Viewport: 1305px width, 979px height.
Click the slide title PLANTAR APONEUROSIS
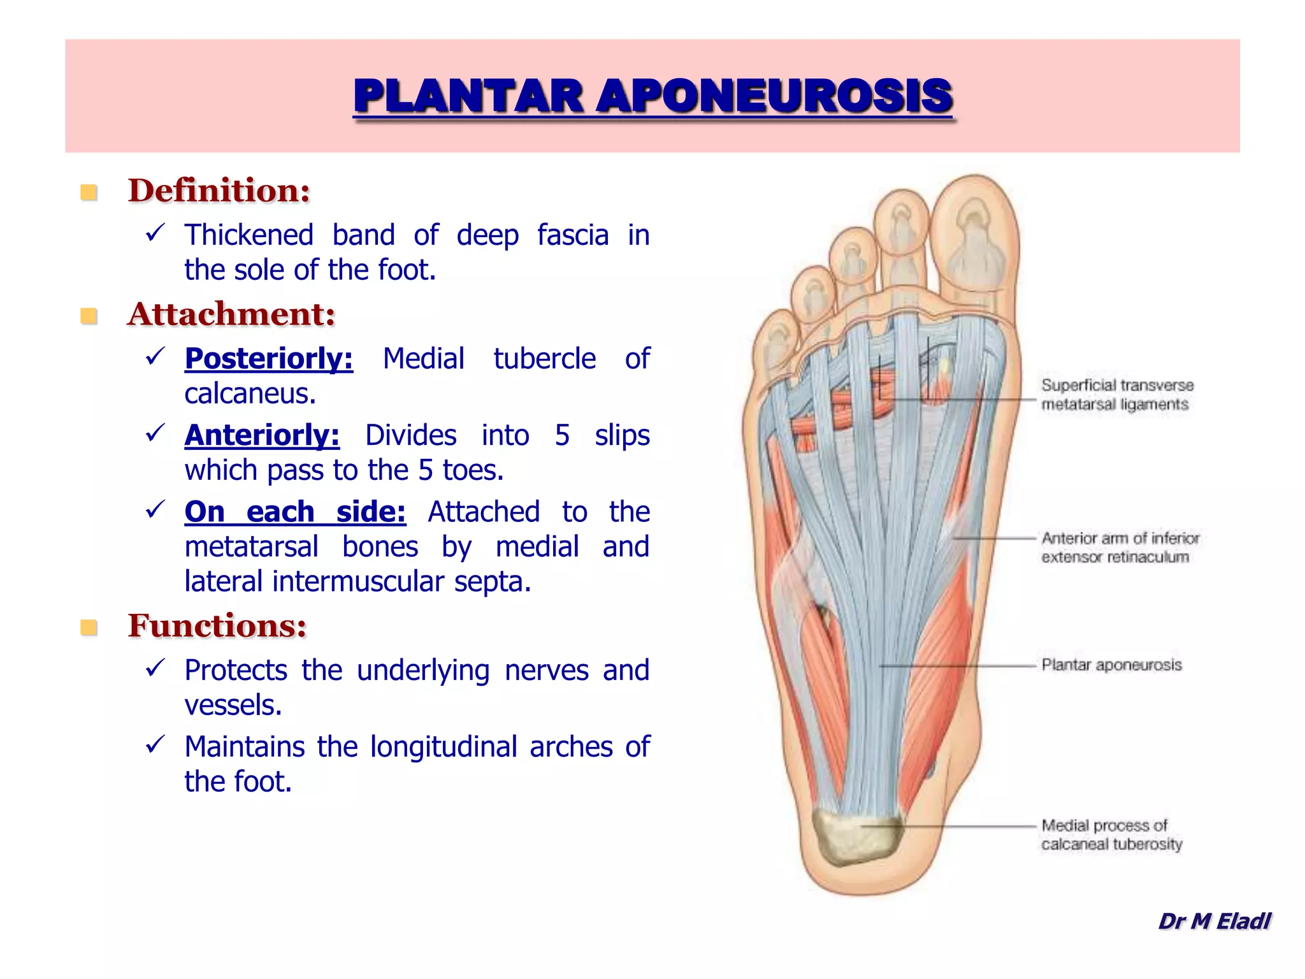point(652,97)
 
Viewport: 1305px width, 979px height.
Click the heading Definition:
point(219,191)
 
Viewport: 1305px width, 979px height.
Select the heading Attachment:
point(231,314)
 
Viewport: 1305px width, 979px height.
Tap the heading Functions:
point(217,626)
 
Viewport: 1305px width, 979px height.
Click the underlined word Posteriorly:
point(268,359)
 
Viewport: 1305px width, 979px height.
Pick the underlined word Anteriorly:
point(262,435)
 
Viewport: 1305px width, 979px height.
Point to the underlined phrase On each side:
point(295,512)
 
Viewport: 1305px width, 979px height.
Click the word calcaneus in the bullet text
point(249,394)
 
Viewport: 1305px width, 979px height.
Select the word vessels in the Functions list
point(233,706)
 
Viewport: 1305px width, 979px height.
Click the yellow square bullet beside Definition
point(89,192)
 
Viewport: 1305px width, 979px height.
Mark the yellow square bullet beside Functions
point(89,628)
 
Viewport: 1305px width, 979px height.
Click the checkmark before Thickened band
point(155,233)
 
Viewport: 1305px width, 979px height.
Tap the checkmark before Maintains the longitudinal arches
point(155,744)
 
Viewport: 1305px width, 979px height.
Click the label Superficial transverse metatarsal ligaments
point(1116,395)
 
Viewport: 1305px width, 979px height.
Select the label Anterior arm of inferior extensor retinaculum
point(1120,548)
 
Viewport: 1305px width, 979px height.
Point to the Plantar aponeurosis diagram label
point(1111,665)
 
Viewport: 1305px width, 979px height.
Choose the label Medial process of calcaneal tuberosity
point(1111,834)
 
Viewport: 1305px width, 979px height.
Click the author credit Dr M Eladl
point(1214,921)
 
